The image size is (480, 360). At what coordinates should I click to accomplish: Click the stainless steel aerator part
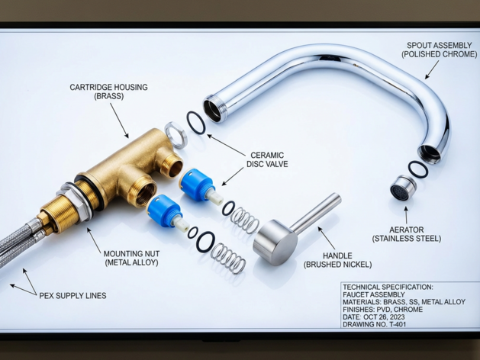click(x=403, y=188)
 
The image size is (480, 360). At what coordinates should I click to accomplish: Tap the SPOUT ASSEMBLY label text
click(x=440, y=45)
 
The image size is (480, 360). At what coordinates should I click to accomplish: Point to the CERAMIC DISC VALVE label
click(x=267, y=159)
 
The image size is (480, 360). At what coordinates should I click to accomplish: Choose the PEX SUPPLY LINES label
click(x=72, y=296)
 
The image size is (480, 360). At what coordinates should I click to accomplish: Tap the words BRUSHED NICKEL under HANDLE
click(x=337, y=265)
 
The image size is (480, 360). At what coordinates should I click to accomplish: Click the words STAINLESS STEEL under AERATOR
click(x=407, y=239)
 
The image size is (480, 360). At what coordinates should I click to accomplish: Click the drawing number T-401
click(x=398, y=324)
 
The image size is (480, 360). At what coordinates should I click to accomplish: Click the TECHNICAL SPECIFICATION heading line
click(x=388, y=288)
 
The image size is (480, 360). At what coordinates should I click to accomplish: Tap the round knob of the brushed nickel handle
click(x=275, y=243)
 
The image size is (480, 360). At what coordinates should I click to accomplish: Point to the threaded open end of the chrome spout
click(x=214, y=108)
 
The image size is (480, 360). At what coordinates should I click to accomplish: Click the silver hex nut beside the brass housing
click(x=176, y=135)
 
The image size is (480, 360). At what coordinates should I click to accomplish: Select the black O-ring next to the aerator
click(x=418, y=169)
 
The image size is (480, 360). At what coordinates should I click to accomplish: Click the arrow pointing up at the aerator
click(x=406, y=215)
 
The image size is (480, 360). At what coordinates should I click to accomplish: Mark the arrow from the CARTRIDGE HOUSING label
click(x=119, y=121)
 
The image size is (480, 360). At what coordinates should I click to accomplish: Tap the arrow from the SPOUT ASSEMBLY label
click(x=432, y=69)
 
